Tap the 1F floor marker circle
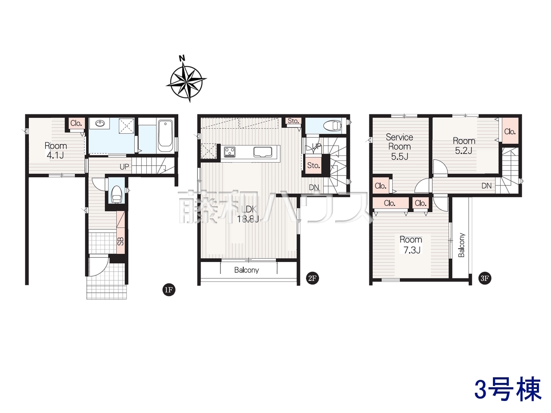168,290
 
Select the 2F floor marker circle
312,278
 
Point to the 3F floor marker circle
484,278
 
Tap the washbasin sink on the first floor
101,123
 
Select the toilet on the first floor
117,194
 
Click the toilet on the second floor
332,125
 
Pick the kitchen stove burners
229,151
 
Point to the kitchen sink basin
263,152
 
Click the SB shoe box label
121,241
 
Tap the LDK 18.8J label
248,214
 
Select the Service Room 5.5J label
399,147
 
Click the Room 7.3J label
411,245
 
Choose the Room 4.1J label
56,151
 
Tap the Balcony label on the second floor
246,270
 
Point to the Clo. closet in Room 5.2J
510,131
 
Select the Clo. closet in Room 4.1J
76,123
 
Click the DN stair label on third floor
486,186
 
